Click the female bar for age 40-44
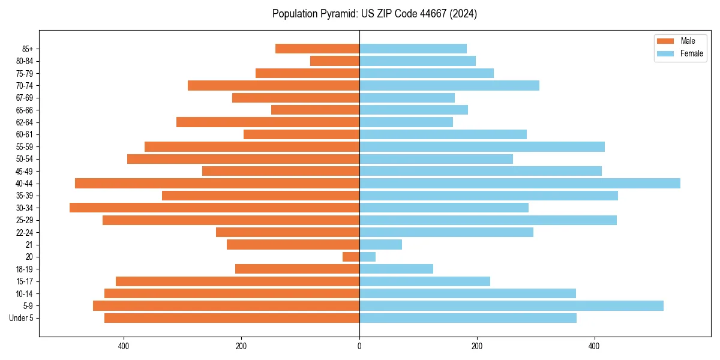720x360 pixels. click(520, 184)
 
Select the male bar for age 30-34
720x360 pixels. click(214, 208)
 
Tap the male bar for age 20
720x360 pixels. click(351, 257)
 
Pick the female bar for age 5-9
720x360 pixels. click(511, 306)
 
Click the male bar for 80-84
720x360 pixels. click(335, 61)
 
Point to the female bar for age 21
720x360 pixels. click(380, 245)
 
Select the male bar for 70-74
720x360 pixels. click(274, 85)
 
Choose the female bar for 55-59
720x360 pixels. click(482, 146)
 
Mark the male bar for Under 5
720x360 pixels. click(232, 318)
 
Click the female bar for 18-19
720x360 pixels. click(396, 269)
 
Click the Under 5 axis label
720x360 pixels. click(21, 318)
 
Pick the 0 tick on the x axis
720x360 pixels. click(359, 346)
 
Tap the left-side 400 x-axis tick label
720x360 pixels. click(124, 346)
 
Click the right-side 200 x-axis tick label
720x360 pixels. click(477, 346)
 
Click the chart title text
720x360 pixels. click(374, 14)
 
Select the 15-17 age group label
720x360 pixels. click(24, 281)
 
